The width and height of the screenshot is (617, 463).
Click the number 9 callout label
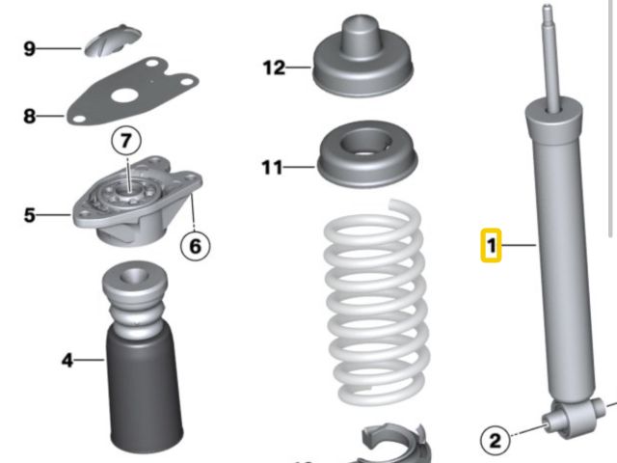pos(30,49)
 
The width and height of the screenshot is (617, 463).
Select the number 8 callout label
pos(30,116)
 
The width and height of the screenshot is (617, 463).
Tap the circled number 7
pos(126,141)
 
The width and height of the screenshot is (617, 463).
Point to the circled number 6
pos(195,246)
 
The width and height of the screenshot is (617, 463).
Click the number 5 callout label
pos(30,215)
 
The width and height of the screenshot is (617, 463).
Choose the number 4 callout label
pos(67,360)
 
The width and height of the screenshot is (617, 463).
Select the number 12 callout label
pos(274,68)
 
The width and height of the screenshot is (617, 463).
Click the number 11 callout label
pos(272,167)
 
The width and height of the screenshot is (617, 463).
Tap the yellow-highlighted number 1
pos(491,245)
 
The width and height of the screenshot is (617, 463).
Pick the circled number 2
pos(495,440)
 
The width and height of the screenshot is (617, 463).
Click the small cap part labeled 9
pos(113,41)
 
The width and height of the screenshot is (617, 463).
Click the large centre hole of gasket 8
pos(122,95)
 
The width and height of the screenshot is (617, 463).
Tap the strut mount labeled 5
pos(137,201)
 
